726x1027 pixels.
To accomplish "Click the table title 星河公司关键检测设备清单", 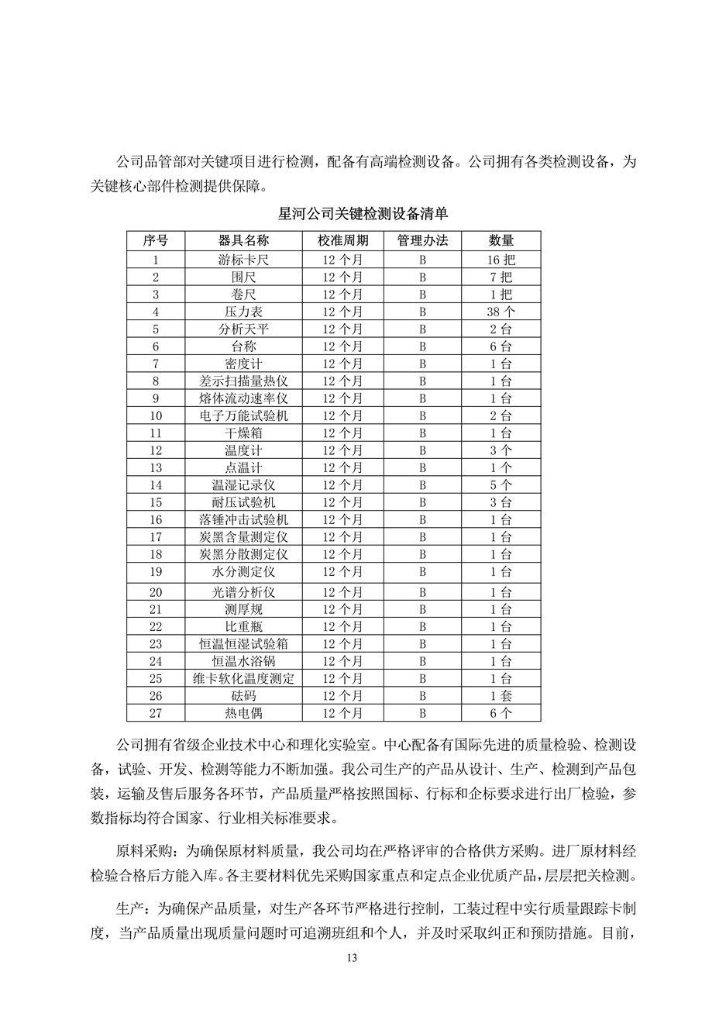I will pyautogui.click(x=363, y=214).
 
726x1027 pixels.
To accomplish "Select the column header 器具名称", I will pyautogui.click(x=243, y=240).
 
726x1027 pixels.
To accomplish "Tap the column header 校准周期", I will pyautogui.click(x=342, y=240).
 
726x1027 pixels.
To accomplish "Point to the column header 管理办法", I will pyautogui.click(x=423, y=240).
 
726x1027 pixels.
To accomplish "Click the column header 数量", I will pyautogui.click(x=501, y=240).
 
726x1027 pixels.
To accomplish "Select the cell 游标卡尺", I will pyautogui.click(x=243, y=260).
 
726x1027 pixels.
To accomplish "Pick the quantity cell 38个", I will pyautogui.click(x=501, y=312).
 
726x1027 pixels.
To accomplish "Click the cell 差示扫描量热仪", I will pyautogui.click(x=243, y=381).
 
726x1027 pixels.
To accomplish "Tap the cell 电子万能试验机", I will pyautogui.click(x=243, y=416).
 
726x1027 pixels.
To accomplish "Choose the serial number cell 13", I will pyautogui.click(x=156, y=468).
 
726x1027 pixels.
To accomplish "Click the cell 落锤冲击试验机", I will pyautogui.click(x=243, y=520).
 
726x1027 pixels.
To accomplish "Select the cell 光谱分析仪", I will pyautogui.click(x=243, y=592).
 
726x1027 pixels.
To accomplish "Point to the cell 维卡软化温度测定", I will pyautogui.click(x=243, y=679).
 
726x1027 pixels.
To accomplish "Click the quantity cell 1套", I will pyautogui.click(x=501, y=696).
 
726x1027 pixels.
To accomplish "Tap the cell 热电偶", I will pyautogui.click(x=243, y=713).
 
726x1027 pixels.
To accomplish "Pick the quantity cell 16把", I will pyautogui.click(x=501, y=260).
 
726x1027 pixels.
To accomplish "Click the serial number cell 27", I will pyautogui.click(x=156, y=713).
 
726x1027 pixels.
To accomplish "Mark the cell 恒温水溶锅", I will pyautogui.click(x=243, y=661).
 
